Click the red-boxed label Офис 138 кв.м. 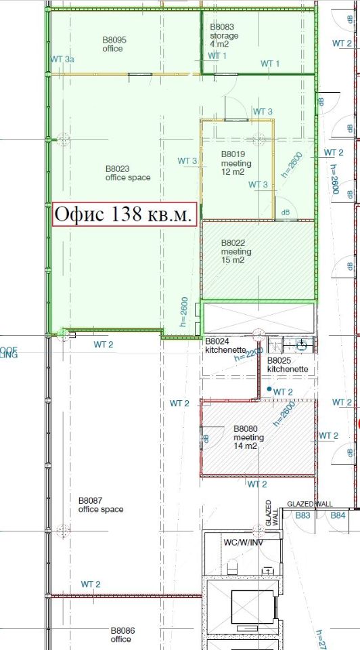click(125, 215)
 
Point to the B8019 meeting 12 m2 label click(236, 163)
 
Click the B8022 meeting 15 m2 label click(236, 252)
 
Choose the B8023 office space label click(127, 173)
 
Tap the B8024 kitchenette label click(223, 345)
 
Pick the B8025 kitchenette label click(288, 365)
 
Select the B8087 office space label click(101, 504)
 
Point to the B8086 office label click(122, 634)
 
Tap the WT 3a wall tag click(63, 60)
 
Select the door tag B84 click(338, 516)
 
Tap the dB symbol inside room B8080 click(207, 439)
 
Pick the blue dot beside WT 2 click(269, 390)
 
